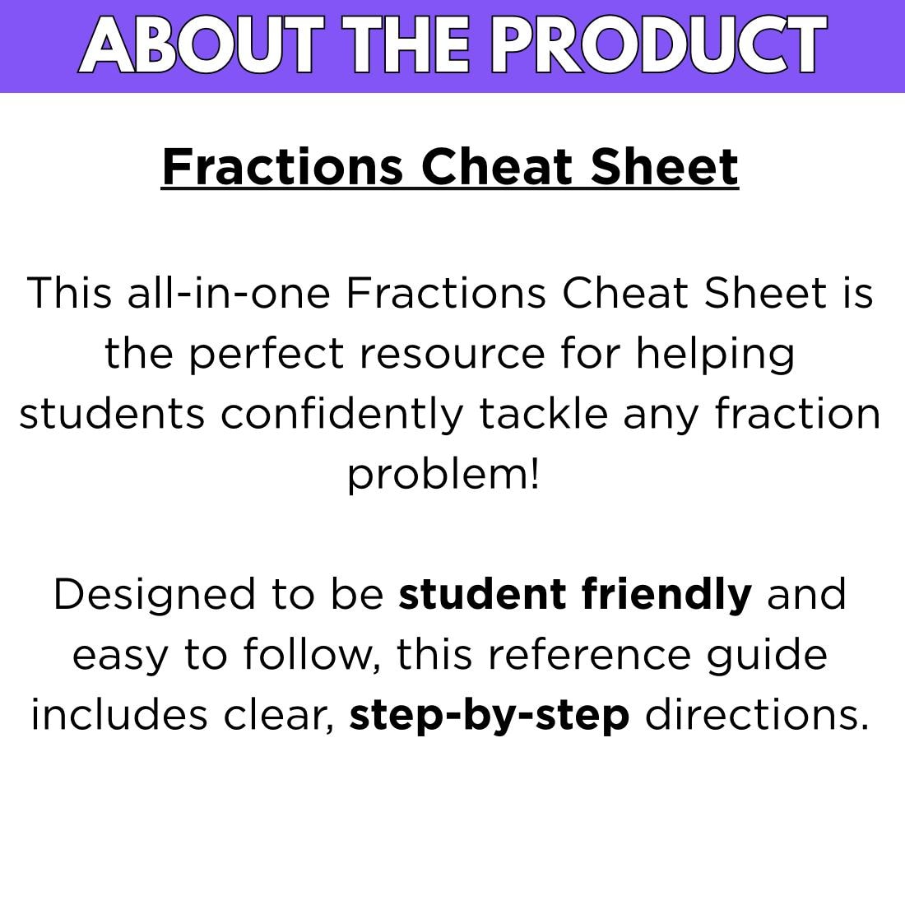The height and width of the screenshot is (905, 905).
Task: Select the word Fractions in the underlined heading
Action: click(x=282, y=167)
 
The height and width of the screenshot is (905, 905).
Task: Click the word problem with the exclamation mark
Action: click(x=443, y=475)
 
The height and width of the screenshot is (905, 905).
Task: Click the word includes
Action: click(x=119, y=716)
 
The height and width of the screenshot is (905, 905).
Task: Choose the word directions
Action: click(x=757, y=716)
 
